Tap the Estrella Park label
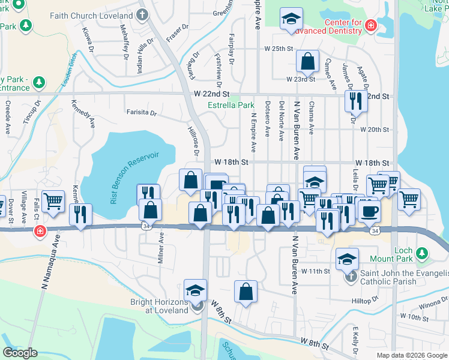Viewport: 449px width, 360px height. click(x=231, y=105)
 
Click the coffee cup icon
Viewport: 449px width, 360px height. click(x=369, y=210)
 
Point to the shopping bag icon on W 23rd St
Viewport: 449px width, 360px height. click(x=307, y=61)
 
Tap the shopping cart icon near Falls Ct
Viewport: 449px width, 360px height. click(x=53, y=202)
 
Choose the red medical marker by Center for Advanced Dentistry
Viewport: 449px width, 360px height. click(x=370, y=25)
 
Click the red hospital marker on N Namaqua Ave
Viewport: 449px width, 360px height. click(x=40, y=231)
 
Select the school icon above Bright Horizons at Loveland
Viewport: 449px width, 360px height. click(x=196, y=290)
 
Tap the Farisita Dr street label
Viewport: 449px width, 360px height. click(x=141, y=112)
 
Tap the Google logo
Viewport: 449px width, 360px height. click(x=19, y=353)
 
